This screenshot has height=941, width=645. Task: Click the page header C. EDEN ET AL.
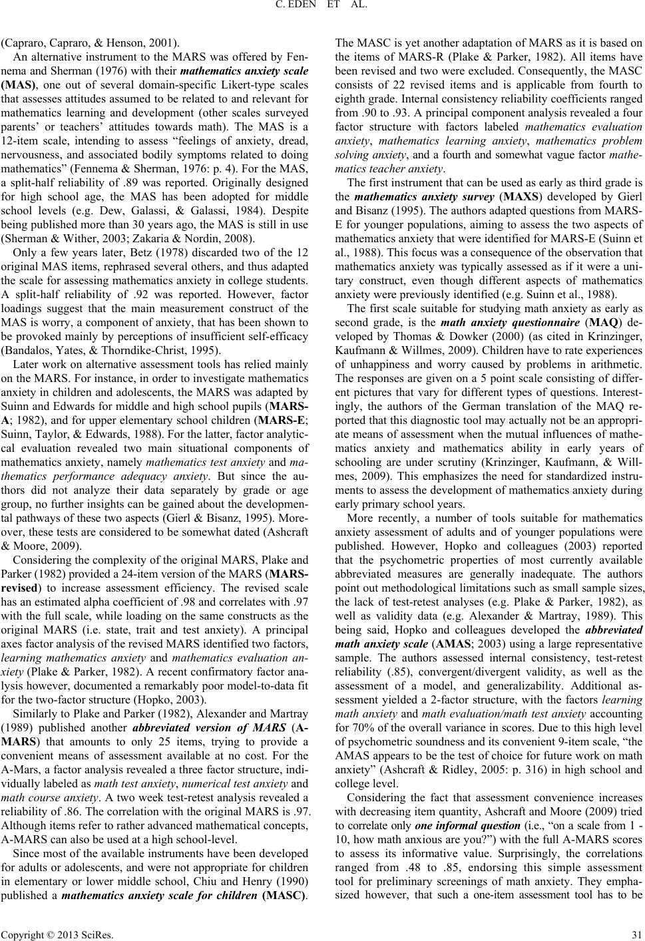click(322, 7)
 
